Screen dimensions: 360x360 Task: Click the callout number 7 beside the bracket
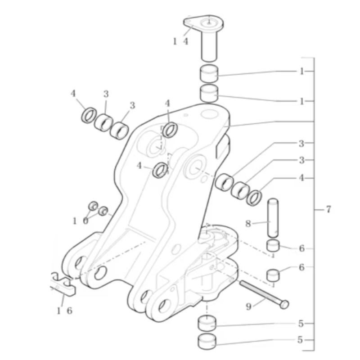point(328,209)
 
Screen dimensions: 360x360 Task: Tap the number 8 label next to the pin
point(248,223)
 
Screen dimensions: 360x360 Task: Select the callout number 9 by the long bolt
point(249,306)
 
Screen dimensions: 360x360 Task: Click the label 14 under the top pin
point(181,41)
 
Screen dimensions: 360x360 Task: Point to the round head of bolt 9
point(284,305)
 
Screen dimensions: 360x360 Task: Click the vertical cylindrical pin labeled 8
point(273,218)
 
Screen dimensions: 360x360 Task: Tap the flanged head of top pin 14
point(204,23)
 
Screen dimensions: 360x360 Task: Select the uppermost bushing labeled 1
point(208,73)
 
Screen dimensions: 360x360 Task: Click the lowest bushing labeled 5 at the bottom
point(207,342)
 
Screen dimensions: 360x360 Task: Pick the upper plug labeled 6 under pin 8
point(273,245)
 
